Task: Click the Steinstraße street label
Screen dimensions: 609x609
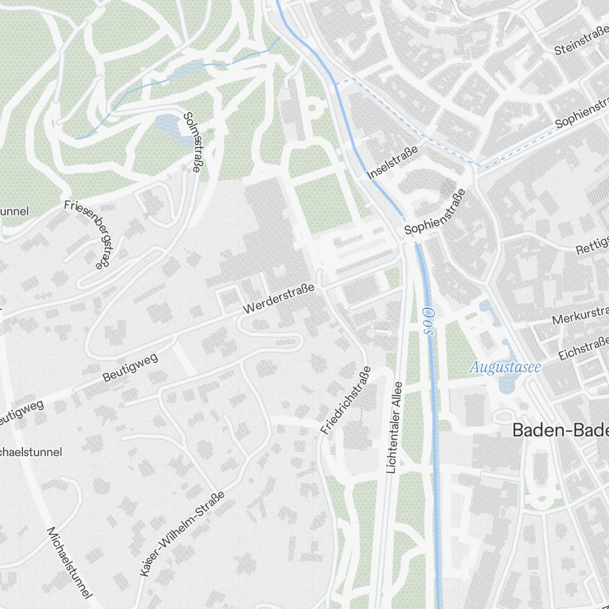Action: point(581,40)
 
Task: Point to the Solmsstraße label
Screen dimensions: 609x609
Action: point(191,142)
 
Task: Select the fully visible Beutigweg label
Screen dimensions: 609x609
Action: point(130,367)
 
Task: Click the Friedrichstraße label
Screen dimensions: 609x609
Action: point(345,400)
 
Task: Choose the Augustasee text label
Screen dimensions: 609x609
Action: point(505,367)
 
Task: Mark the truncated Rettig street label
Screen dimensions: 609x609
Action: point(592,247)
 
